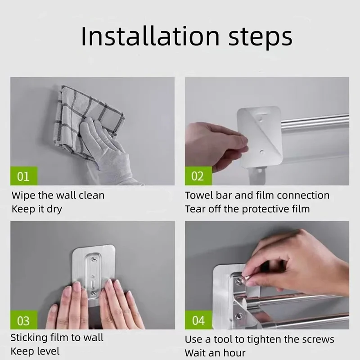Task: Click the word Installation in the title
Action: pos(150,36)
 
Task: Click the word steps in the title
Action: pos(261,38)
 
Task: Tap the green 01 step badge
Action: pos(24,176)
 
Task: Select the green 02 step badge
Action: pos(198,176)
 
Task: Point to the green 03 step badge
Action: pos(24,320)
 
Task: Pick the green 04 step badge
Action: pos(198,320)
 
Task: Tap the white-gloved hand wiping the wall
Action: pos(108,149)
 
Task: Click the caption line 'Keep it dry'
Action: pos(37,209)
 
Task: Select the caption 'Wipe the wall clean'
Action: pos(58,195)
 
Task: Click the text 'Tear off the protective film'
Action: pos(247,209)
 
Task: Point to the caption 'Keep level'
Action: pos(35,351)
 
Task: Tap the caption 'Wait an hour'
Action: pos(215,353)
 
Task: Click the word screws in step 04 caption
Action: pos(318,340)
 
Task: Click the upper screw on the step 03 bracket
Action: pos(94,259)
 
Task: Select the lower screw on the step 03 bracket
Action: pos(94,293)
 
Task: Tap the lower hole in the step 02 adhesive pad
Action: pos(262,152)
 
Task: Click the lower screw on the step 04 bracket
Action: pos(239,316)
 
